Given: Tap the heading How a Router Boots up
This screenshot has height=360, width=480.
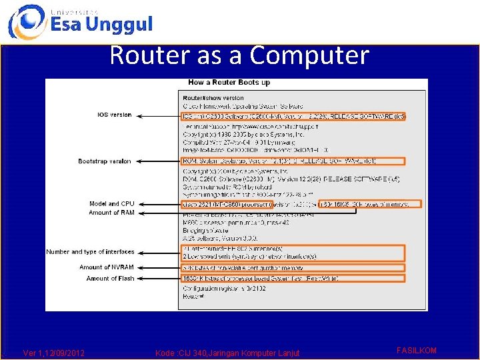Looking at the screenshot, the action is pyautogui.click(x=229, y=83).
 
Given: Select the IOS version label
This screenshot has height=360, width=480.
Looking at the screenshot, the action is pyautogui.click(x=115, y=115).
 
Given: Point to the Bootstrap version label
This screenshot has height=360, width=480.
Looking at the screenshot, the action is pyautogui.click(x=105, y=161).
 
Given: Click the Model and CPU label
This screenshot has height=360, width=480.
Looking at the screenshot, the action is pyautogui.click(x=111, y=204).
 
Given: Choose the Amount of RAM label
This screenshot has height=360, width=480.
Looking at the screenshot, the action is pyautogui.click(x=111, y=213).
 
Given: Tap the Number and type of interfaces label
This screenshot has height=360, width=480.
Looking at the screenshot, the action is pyautogui.click(x=90, y=252).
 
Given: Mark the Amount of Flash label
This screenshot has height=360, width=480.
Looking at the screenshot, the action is pyautogui.click(x=110, y=279).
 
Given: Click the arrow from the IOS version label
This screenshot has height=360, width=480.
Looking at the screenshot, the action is pyautogui.click(x=159, y=115).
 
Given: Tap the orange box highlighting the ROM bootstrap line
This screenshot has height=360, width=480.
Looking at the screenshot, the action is pyautogui.click(x=293, y=161).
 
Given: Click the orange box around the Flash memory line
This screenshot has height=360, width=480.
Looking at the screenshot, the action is pyautogui.click(x=293, y=278).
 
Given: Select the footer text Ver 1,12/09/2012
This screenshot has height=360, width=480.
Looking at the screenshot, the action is pyautogui.click(x=54, y=353).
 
